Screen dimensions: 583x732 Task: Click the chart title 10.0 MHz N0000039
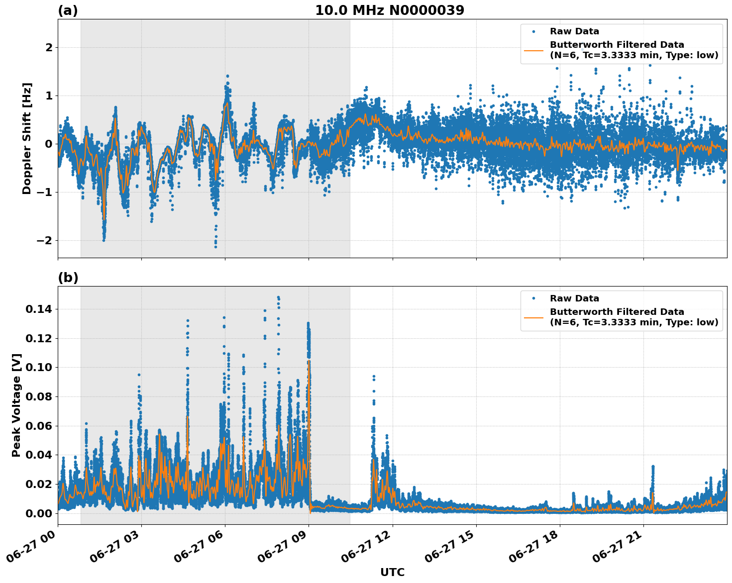tap(389, 10)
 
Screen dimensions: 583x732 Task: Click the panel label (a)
tap(68, 10)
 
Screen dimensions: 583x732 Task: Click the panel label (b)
tap(68, 278)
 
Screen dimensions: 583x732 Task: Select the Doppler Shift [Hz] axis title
tap(27, 138)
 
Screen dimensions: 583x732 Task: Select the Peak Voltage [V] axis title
tap(16, 405)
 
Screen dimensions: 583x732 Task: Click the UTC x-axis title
tap(392, 572)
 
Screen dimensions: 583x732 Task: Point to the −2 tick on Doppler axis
tap(45, 241)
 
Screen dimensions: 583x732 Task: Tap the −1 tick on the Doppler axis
tap(45, 193)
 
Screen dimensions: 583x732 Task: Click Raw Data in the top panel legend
tap(574, 32)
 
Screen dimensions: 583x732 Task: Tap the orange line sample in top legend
tap(533, 50)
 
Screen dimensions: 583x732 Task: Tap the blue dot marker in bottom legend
tap(533, 298)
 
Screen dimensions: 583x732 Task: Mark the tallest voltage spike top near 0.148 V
tap(278, 297)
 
